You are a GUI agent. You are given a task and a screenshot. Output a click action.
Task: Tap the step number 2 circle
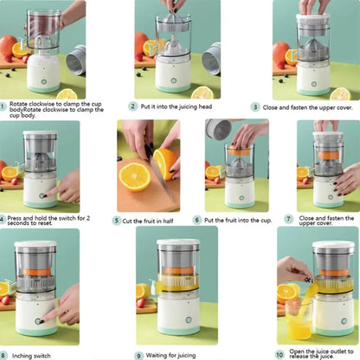(133, 106)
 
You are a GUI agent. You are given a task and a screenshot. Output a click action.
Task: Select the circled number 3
(255, 106)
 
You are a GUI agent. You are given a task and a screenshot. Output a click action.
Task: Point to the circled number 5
(117, 221)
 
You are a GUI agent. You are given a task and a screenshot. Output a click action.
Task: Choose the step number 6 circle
(197, 221)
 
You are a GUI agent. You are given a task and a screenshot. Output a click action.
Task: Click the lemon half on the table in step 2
(202, 92)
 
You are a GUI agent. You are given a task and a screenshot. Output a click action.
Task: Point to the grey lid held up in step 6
(218, 130)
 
